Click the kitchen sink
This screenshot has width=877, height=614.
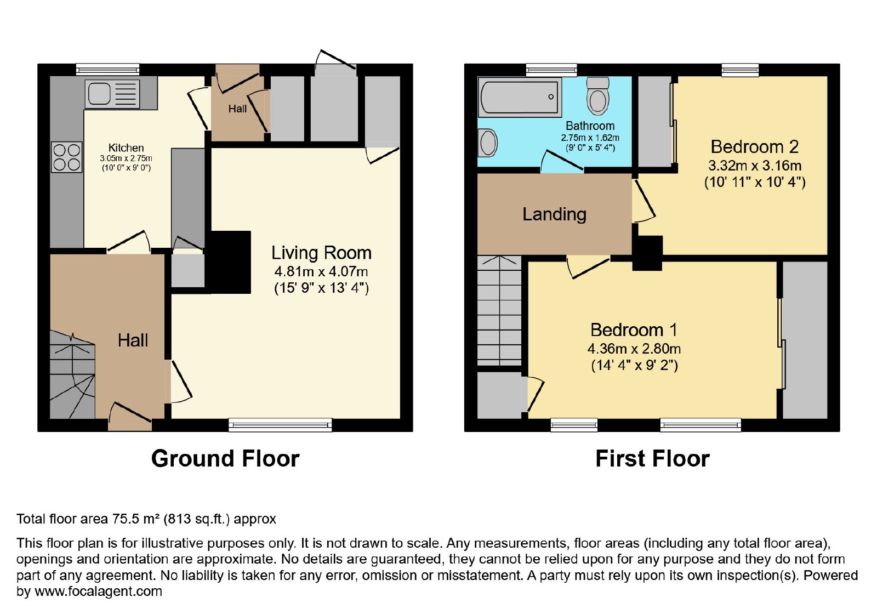(x=112, y=94)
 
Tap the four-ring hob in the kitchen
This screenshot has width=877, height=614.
(x=66, y=157)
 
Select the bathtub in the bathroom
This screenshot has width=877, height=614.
(x=520, y=96)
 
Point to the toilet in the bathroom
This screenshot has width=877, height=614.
(x=598, y=95)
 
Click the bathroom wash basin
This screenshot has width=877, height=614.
(x=488, y=143)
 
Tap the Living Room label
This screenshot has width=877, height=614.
(x=321, y=253)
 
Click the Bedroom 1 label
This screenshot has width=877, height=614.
(x=634, y=329)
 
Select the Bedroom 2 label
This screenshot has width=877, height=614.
(x=754, y=147)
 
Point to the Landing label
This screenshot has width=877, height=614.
(x=554, y=214)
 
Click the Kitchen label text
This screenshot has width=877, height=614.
(x=126, y=147)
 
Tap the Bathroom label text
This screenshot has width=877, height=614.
(x=590, y=126)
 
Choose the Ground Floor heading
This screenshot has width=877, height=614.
(x=225, y=458)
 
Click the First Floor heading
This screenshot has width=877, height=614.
(x=652, y=458)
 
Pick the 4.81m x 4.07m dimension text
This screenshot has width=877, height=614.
(x=321, y=271)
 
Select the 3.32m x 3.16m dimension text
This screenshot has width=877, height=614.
(x=755, y=166)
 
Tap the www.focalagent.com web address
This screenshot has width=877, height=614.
(x=98, y=591)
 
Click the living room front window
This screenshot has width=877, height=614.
(x=280, y=425)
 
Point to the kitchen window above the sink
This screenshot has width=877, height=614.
(x=107, y=70)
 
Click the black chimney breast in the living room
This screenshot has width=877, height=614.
(x=229, y=262)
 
